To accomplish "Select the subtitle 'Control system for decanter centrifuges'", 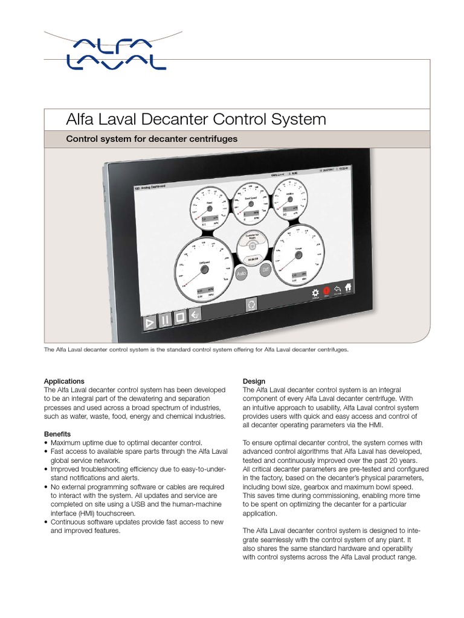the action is (x=151, y=139).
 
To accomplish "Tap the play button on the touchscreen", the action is (x=149, y=323).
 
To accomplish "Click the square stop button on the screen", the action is (x=179, y=318).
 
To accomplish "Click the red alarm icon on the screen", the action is (x=327, y=291).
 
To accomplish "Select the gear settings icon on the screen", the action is (x=315, y=293).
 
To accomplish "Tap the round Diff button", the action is (x=264, y=269).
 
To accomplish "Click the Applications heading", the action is (x=64, y=381).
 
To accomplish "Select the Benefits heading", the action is (x=57, y=434).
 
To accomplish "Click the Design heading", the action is (x=254, y=381).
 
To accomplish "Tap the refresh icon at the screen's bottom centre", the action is (x=251, y=305).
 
